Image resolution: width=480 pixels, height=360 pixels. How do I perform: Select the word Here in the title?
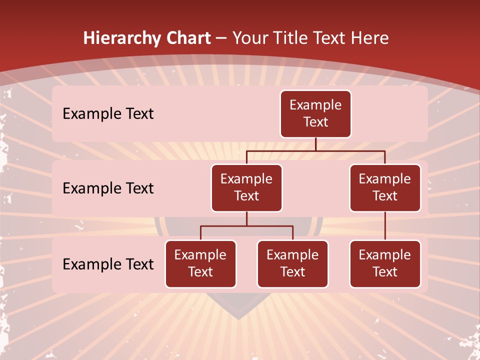370,38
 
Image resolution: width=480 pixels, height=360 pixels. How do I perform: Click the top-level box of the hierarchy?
315,113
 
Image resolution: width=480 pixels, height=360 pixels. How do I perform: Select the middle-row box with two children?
246,187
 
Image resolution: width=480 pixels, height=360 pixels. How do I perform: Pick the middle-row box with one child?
385,187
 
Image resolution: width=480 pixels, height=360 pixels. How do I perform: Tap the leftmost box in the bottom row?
200,263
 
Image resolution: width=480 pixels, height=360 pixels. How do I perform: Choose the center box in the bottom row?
292,263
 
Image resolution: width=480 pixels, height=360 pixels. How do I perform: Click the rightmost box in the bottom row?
385,263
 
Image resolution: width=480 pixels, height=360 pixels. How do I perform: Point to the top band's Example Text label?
108,114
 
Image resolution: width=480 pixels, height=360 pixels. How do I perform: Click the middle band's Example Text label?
108,188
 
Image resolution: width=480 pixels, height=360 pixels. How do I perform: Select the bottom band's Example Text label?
108,264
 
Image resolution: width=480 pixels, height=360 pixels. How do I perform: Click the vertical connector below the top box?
315,144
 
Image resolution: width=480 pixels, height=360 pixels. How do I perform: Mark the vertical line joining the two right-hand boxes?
385,226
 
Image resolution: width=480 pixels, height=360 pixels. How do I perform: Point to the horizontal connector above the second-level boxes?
315,150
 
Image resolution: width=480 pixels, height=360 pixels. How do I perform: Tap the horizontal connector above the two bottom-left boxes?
246,226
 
